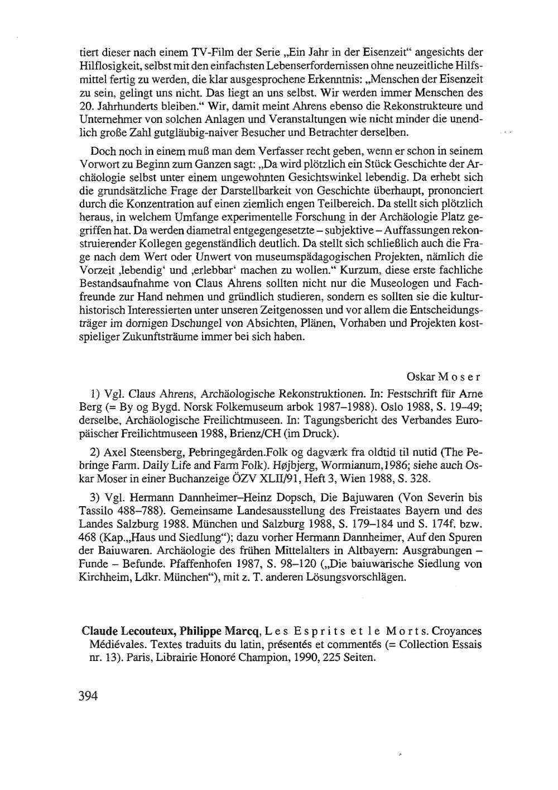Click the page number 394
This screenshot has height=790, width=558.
click(x=88, y=696)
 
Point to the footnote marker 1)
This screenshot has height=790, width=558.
click(x=94, y=393)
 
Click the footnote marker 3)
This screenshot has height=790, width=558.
click(x=94, y=497)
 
